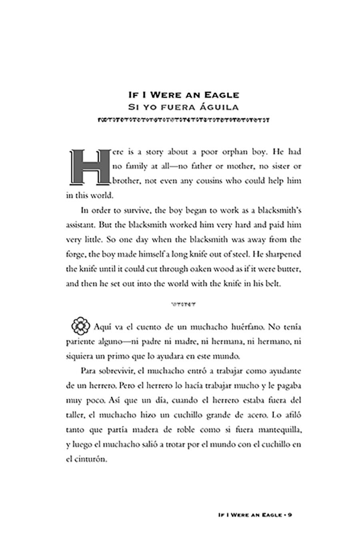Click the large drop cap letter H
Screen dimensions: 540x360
point(89,167)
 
